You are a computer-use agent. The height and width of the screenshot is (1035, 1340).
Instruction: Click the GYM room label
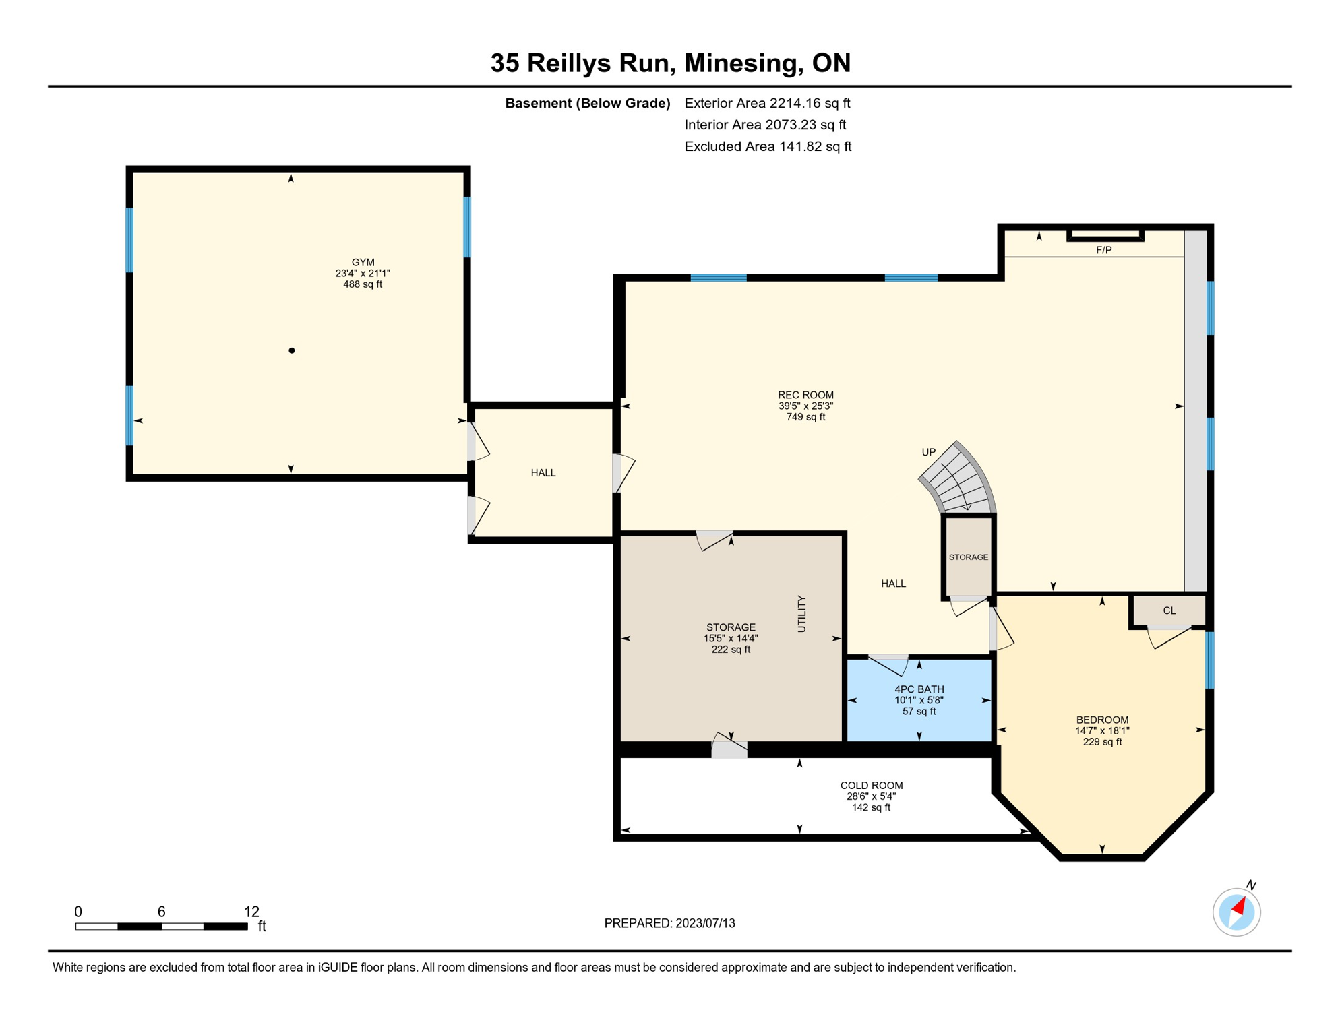tap(363, 262)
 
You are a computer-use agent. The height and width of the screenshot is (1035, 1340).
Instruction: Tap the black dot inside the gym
tap(292, 350)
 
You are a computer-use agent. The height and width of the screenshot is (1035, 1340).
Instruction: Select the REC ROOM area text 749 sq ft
tap(805, 417)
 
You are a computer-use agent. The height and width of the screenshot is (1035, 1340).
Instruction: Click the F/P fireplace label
tap(1103, 250)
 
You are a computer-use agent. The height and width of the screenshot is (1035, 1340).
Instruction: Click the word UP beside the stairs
tap(928, 452)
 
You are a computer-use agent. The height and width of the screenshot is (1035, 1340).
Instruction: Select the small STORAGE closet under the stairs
tap(969, 557)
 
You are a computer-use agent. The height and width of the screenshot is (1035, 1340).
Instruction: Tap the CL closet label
tap(1169, 610)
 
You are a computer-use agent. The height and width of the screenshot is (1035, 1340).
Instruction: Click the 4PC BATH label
tap(919, 689)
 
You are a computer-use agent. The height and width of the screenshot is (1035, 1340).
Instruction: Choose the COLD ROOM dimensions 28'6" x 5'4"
tap(871, 796)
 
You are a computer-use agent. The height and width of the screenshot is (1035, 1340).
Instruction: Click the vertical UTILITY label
tap(801, 613)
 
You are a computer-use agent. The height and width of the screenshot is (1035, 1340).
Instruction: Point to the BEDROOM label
tap(1102, 720)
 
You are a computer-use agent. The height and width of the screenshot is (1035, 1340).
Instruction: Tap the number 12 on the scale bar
tap(251, 912)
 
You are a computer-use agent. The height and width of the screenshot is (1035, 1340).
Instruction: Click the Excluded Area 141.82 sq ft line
tap(767, 146)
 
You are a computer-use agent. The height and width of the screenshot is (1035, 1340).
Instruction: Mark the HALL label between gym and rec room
tap(543, 472)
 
